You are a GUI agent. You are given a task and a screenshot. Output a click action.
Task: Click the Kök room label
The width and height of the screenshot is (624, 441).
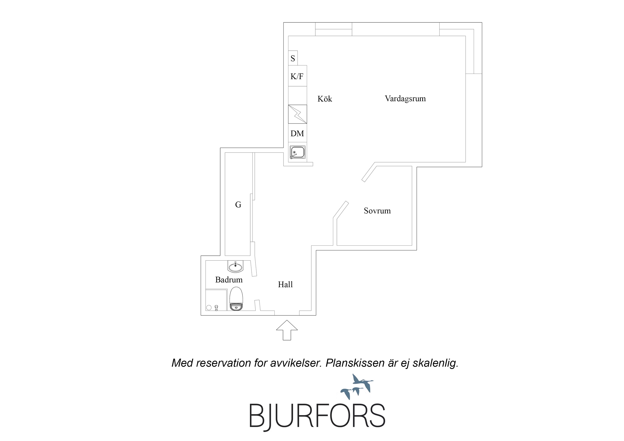pos(325,99)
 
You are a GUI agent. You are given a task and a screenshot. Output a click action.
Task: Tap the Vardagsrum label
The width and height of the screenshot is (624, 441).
pos(405,99)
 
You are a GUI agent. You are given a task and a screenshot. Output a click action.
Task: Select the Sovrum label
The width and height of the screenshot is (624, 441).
pos(377,211)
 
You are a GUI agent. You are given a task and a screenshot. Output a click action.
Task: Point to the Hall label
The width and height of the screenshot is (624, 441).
pos(285,284)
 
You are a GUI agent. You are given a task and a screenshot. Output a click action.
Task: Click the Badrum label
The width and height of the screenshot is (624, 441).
pos(229,280)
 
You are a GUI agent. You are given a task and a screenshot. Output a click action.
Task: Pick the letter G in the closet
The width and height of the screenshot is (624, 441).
pos(238,205)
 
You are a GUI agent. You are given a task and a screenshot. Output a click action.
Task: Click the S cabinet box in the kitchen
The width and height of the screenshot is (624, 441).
pos(293,58)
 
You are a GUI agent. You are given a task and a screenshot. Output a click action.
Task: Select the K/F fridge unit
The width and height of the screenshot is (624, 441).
pos(298,76)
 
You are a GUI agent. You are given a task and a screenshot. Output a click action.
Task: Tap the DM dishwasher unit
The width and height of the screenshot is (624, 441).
pos(298,133)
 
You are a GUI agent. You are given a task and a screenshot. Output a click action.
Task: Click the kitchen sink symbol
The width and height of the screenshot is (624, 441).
pos(298,152)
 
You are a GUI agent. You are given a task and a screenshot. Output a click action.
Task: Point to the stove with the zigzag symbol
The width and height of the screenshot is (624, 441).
pos(298,114)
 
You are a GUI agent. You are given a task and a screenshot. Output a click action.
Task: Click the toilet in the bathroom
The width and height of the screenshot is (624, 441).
pos(236,299)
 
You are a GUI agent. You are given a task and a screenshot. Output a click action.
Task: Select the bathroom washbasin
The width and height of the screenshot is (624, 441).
pos(235,267)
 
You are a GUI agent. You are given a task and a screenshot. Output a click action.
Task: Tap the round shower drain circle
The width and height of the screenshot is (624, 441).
pos(209,307)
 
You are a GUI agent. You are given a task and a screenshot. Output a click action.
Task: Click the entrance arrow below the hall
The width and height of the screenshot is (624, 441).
pos(287,330)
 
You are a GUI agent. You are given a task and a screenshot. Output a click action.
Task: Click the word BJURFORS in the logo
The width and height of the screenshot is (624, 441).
pos(317,416)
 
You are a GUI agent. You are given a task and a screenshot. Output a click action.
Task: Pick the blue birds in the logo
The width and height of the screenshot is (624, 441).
pos(357,386)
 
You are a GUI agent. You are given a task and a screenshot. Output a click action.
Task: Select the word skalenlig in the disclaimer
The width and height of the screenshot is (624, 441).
pos(435,363)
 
